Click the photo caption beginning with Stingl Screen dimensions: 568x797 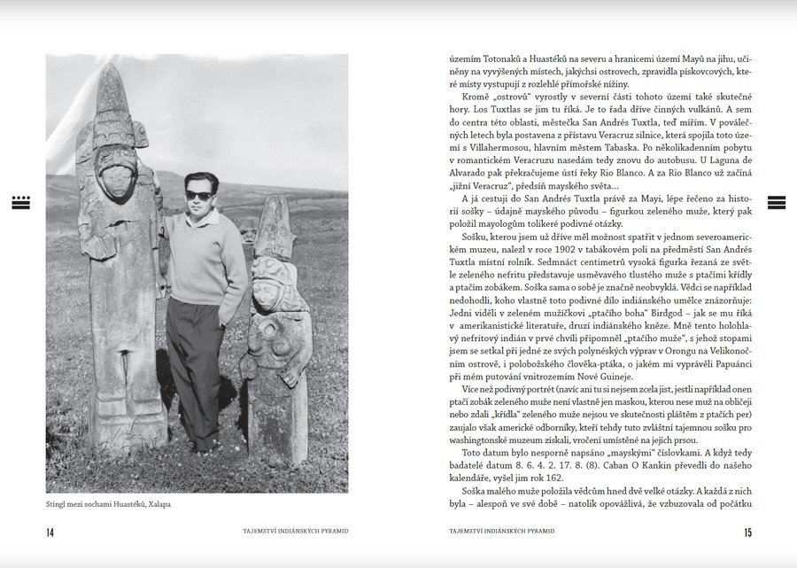tap(107, 505)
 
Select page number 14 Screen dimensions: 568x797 tap(50, 532)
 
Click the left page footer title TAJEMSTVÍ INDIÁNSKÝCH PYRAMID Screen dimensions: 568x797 tap(295, 532)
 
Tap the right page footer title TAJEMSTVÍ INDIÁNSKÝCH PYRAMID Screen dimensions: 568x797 tap(502, 532)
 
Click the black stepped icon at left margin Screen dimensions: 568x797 tap(21, 202)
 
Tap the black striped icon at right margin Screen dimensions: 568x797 tap(776, 202)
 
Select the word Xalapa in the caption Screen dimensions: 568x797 tap(156, 505)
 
